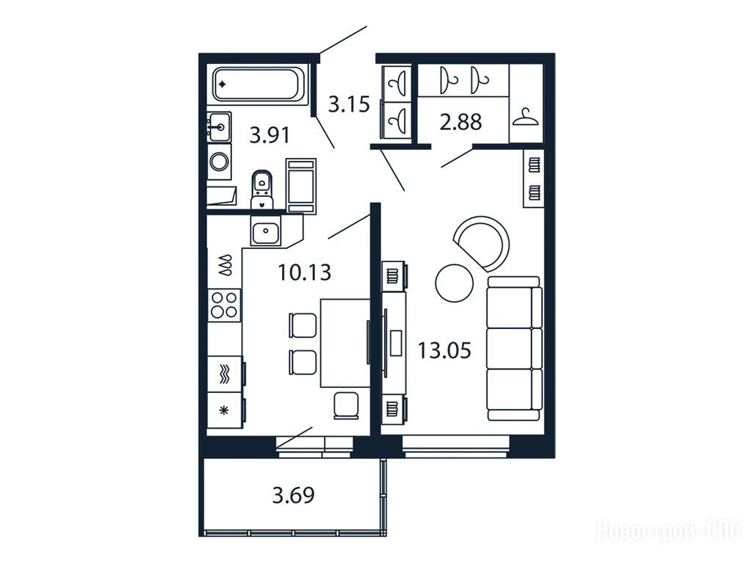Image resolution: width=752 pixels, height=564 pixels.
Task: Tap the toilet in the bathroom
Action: [261, 189]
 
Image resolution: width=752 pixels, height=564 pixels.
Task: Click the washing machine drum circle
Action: [220, 162]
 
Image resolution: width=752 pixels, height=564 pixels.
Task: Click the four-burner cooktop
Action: [224, 305]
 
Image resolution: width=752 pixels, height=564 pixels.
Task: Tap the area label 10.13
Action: [305, 273]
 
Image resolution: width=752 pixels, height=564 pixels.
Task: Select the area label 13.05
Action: [444, 350]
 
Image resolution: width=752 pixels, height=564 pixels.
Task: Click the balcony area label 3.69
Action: [294, 495]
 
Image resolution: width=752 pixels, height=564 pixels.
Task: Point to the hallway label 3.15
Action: [349, 104]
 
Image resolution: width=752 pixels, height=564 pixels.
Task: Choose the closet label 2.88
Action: [460, 122]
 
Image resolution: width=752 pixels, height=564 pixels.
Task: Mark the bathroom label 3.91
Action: [270, 135]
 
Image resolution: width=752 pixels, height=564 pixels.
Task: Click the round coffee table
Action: [454, 283]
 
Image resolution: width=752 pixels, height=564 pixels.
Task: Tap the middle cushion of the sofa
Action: [514, 349]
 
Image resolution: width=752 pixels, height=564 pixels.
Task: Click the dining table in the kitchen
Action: [345, 343]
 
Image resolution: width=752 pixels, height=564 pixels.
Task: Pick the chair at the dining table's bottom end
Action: [346, 405]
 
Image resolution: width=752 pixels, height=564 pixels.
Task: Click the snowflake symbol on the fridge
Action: [223, 410]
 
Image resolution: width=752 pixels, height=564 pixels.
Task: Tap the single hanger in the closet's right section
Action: [525, 117]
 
